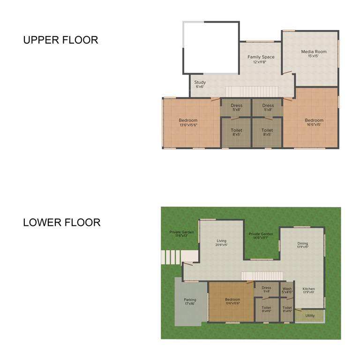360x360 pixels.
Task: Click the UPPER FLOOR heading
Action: click(x=60, y=40)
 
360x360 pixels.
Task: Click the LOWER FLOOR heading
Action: click(x=61, y=222)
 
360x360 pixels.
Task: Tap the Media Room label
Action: click(x=314, y=53)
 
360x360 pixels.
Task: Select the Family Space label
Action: click(x=261, y=59)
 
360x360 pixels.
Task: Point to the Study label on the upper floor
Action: click(x=200, y=84)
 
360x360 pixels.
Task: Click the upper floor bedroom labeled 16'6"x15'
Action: click(x=314, y=122)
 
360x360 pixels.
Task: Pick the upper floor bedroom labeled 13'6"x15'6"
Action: click(x=188, y=122)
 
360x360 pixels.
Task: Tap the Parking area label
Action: click(x=190, y=301)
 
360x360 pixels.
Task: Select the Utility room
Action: click(x=310, y=315)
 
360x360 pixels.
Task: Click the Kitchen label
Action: click(x=308, y=290)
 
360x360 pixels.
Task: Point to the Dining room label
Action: click(x=303, y=245)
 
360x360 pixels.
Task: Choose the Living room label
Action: click(x=221, y=242)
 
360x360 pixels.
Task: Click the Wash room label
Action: click(x=287, y=290)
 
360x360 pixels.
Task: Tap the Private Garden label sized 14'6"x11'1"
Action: click(x=261, y=236)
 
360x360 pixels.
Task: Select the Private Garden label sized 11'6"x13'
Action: click(x=181, y=233)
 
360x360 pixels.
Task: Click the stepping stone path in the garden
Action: click(x=172, y=256)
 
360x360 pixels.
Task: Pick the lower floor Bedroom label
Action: click(x=232, y=301)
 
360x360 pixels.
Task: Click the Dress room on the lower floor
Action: click(x=266, y=289)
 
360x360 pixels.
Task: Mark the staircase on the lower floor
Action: click(x=262, y=276)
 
